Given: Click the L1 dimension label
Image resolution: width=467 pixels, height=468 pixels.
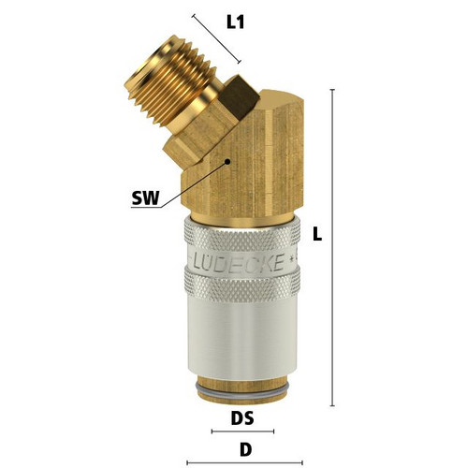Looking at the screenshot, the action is (x=236, y=22).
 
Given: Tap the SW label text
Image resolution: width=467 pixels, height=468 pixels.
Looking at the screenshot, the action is (x=145, y=197).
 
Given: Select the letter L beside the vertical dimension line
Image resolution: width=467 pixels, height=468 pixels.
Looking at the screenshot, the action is (x=317, y=234).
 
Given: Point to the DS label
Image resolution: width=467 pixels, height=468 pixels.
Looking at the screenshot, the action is (x=242, y=418).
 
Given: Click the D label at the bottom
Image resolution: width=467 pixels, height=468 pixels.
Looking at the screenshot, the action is (x=245, y=449).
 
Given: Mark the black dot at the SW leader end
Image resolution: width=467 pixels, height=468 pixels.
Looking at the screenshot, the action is (x=227, y=162).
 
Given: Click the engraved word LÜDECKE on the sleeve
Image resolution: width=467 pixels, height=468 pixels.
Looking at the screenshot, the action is (x=239, y=262).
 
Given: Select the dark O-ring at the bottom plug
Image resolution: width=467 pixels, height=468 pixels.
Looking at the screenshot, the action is (x=241, y=390).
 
